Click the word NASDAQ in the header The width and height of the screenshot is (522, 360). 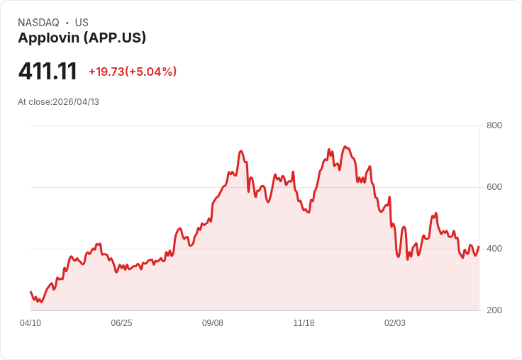tap(38, 23)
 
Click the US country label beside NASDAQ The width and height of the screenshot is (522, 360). tap(82, 23)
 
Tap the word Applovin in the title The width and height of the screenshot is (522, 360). tap(48, 38)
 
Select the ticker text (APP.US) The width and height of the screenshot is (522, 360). tap(115, 38)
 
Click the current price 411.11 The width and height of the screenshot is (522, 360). tap(48, 71)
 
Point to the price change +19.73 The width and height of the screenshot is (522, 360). tap(106, 72)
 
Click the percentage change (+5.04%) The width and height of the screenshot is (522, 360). tap(151, 72)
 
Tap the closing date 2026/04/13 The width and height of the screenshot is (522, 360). tap(76, 102)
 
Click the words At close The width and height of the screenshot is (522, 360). tap(34, 102)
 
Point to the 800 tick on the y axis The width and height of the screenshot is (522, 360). tap(494, 125)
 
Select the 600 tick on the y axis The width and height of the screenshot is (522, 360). tap(494, 187)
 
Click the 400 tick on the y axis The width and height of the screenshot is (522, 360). tap(494, 249)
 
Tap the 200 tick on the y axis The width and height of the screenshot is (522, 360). tap(494, 310)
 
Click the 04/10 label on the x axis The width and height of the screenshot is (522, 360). tap(30, 323)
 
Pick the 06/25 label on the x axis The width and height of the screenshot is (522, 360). tap(121, 323)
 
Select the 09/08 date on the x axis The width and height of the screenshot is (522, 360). tap(213, 323)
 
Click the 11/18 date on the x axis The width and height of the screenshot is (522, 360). tap(304, 323)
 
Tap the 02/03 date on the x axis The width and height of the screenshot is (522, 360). tap(395, 323)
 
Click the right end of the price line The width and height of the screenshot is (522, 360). tap(479, 247)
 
